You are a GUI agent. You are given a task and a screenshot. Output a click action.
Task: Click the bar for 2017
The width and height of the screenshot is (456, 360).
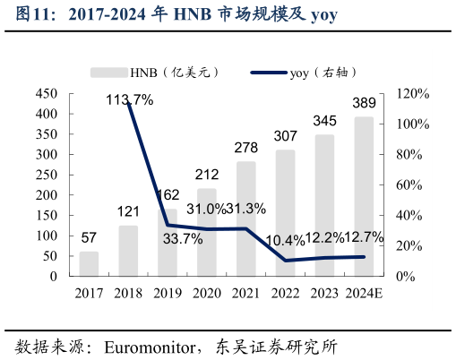pos(89,264)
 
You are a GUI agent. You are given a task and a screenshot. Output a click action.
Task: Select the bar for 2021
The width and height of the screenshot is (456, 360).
pos(245,219)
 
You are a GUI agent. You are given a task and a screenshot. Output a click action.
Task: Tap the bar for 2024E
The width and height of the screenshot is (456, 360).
pos(364,197)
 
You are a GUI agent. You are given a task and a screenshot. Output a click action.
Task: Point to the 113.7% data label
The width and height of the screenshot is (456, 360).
pos(129,100)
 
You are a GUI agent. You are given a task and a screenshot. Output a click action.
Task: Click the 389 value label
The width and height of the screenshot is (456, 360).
pos(364,102)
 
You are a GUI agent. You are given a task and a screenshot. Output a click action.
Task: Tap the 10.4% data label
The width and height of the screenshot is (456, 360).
pos(285,239)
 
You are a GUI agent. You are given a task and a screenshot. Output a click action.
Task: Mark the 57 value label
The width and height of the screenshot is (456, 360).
pos(89,237)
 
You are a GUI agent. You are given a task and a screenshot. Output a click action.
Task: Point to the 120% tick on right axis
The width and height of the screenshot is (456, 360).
pos(413,94)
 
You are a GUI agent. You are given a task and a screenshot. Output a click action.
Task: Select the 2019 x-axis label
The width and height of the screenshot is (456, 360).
pos(168,293)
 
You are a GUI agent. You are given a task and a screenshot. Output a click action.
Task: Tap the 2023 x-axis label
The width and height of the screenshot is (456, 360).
pos(324,293)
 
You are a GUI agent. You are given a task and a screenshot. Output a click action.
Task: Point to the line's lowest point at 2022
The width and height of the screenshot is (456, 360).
pos(285,261)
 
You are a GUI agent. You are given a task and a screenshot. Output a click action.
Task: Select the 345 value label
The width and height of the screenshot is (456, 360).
pos(324,120)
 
